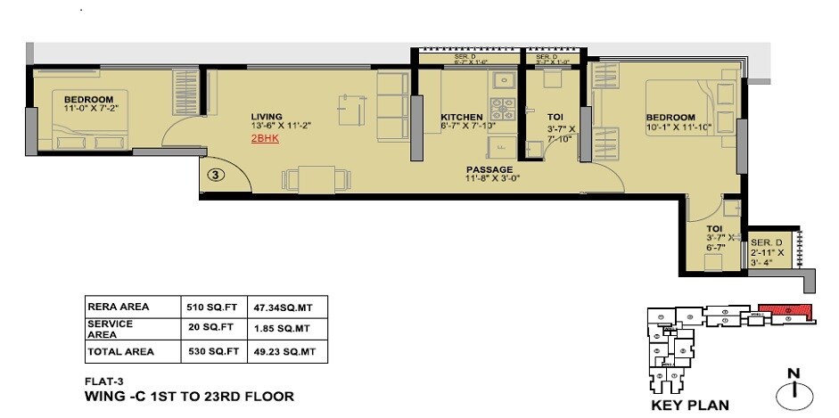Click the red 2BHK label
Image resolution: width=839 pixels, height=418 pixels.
(265, 140)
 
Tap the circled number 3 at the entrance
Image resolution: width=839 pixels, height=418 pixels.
(214, 175)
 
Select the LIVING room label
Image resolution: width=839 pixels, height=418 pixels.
(267, 117)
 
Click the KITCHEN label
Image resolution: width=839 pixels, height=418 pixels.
(462, 118)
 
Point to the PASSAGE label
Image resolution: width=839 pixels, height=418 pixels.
(490, 169)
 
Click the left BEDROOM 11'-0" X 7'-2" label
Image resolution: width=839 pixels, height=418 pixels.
(88, 103)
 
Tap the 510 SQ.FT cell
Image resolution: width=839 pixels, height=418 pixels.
(207, 307)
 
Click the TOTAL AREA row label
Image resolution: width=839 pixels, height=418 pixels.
(120, 352)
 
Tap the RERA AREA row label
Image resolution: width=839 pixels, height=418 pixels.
(118, 307)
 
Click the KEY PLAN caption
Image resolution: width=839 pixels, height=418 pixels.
(690, 405)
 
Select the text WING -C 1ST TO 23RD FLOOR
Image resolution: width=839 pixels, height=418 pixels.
(189, 395)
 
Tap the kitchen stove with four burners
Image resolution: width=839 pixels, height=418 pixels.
(504, 111)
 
